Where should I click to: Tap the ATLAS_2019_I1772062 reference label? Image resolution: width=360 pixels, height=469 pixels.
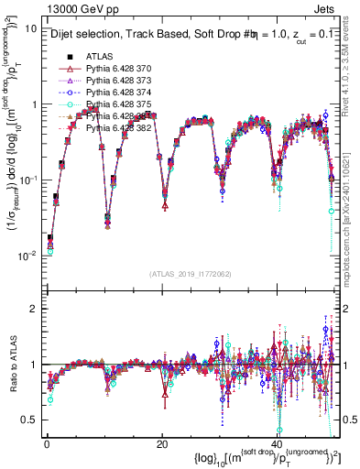click(191, 274)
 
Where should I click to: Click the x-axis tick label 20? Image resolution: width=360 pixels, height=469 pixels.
click(161, 443)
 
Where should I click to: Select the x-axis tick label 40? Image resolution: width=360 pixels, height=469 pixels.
click(276, 443)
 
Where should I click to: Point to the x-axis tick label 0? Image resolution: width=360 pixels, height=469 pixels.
click(47, 443)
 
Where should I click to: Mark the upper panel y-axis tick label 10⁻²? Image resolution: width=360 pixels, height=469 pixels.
click(28, 255)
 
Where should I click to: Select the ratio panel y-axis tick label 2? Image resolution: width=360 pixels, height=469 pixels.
click(33, 309)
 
